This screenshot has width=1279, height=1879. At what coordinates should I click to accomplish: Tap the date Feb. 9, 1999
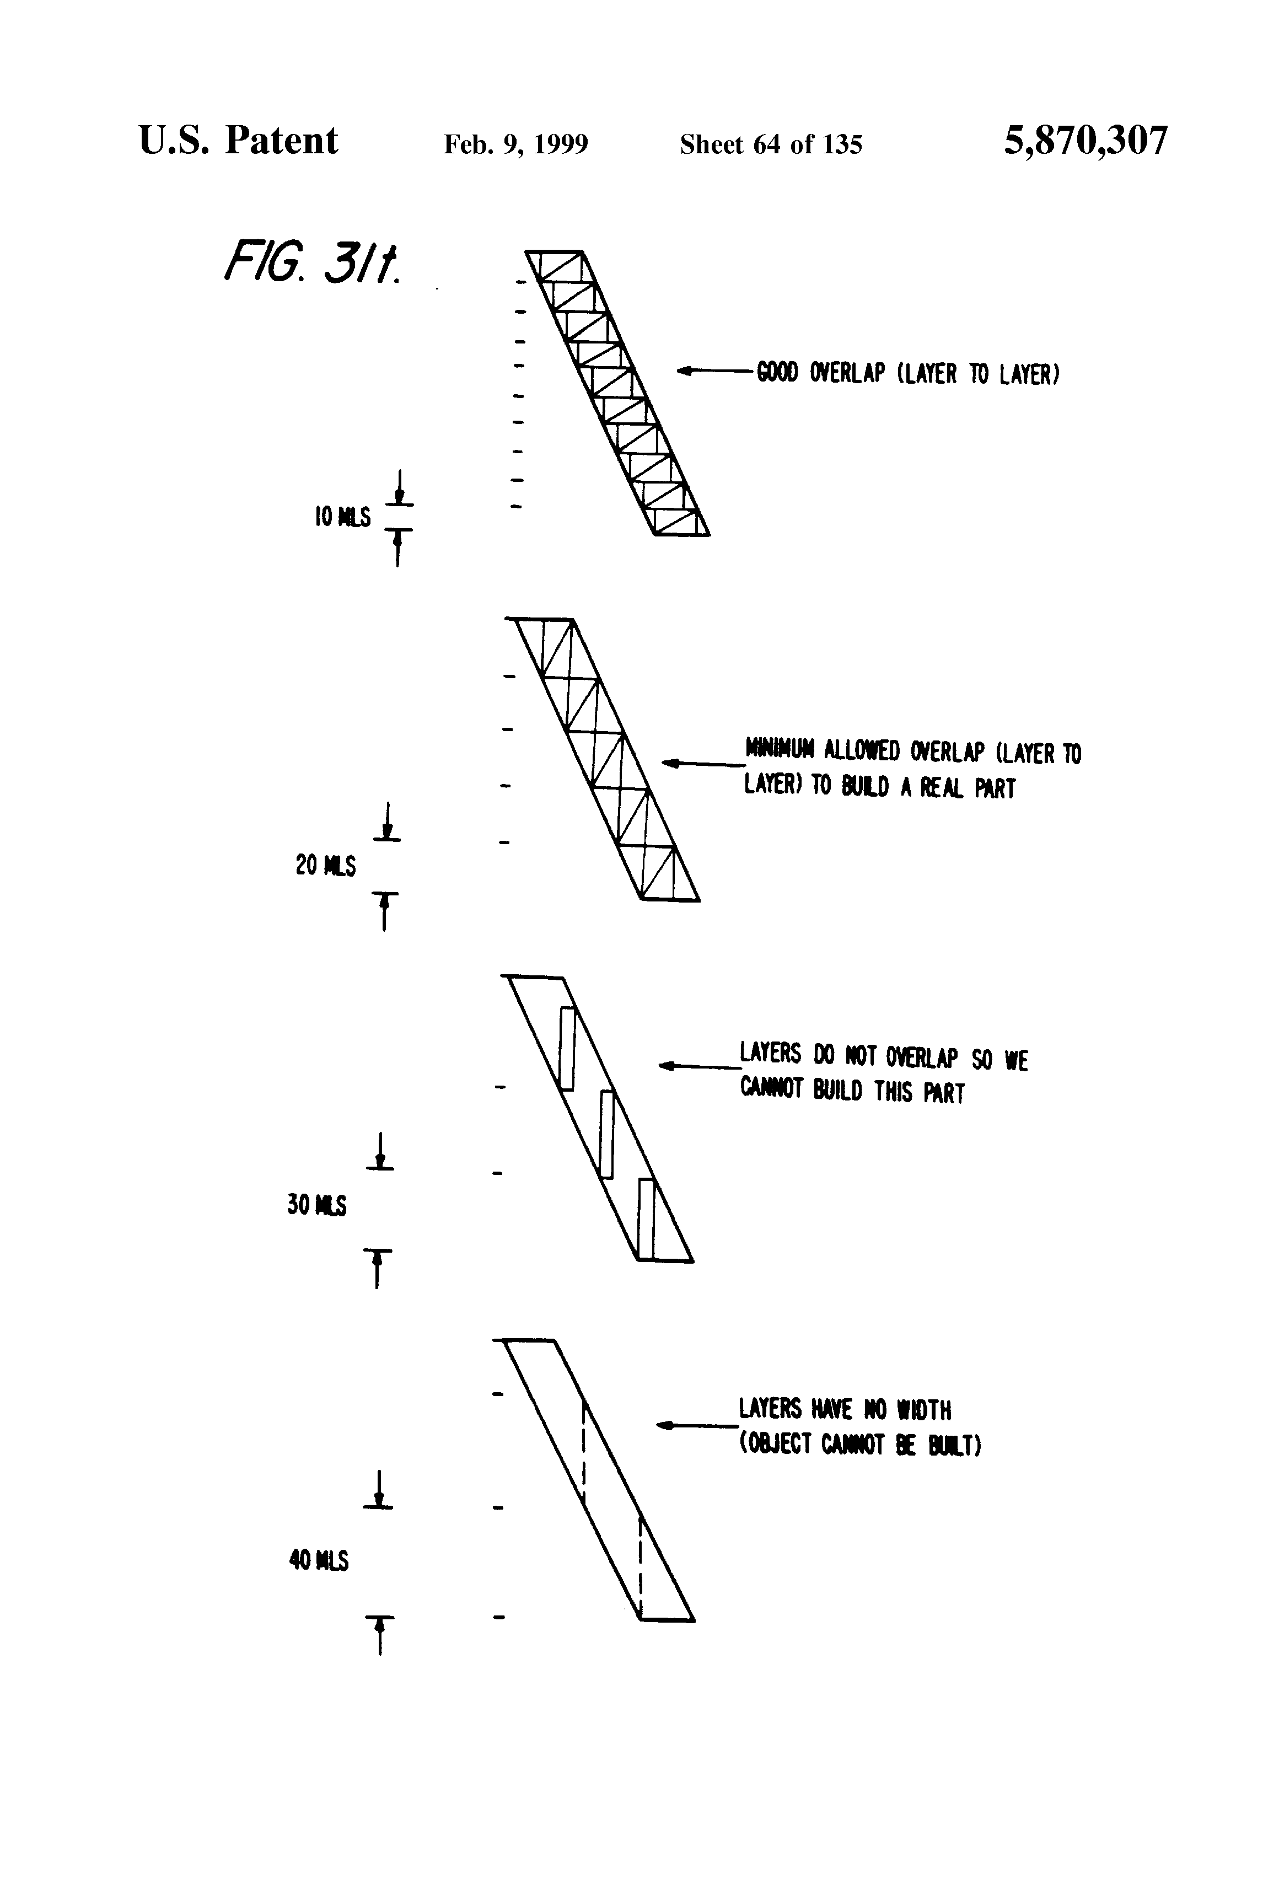516,144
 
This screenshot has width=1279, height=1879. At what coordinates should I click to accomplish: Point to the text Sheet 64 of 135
771,144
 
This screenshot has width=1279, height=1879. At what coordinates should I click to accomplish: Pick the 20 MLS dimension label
325,866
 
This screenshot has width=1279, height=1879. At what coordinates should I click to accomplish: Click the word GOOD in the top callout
777,373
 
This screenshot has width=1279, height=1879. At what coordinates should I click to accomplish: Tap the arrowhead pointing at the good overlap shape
684,371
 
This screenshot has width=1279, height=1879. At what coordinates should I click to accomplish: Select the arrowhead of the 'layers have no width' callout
663,1425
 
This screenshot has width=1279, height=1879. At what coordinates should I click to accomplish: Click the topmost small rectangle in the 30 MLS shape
567,1048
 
